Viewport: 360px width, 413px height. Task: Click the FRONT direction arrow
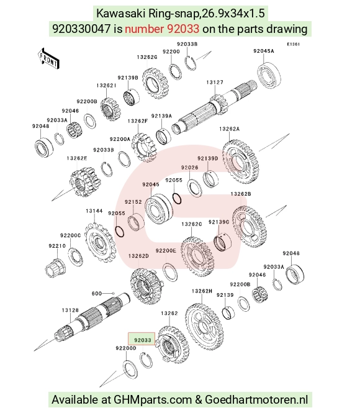tap(48, 59)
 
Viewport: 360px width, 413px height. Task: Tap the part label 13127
tap(215, 83)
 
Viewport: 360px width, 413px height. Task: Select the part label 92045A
tap(264, 51)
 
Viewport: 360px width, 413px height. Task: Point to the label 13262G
tap(147, 57)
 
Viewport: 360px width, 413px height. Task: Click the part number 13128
tap(70, 311)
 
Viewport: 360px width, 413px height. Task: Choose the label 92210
tap(57, 246)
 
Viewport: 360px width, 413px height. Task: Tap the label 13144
tap(94, 211)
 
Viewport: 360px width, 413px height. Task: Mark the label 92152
tap(133, 202)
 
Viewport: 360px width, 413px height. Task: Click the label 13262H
tap(202, 291)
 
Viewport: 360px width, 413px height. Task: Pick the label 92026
tap(190, 168)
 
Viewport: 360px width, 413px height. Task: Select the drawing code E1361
tap(293, 44)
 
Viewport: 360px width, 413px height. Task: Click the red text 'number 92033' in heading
tap(162, 29)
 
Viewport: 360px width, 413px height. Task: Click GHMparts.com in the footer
tap(153, 400)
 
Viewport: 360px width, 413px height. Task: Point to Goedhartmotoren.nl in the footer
tap(256, 399)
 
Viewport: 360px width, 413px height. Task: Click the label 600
tap(97, 293)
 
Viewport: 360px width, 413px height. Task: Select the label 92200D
tap(126, 348)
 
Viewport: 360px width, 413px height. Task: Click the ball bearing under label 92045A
tap(269, 75)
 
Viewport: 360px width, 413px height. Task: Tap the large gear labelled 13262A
tap(241, 161)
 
